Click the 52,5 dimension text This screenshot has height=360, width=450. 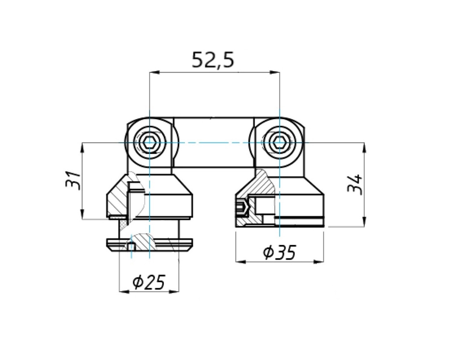[214, 60]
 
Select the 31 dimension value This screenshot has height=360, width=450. [73, 180]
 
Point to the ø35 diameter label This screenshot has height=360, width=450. [279, 252]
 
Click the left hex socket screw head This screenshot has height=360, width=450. [149, 143]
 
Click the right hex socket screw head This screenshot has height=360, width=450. [279, 143]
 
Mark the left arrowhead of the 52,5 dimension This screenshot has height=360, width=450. [153, 73]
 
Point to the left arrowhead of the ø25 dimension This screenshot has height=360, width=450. [123, 291]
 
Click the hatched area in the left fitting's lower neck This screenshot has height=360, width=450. [143, 240]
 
